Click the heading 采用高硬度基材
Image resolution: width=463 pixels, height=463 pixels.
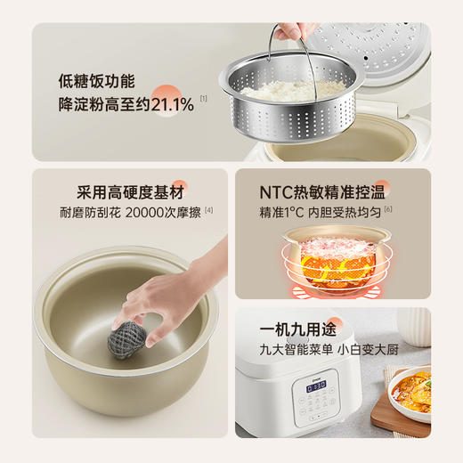tap(132, 191)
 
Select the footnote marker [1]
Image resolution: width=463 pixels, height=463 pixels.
tap(203, 99)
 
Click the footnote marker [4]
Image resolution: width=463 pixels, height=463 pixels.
tap(209, 210)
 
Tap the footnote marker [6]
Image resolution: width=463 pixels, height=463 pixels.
tap(389, 210)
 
